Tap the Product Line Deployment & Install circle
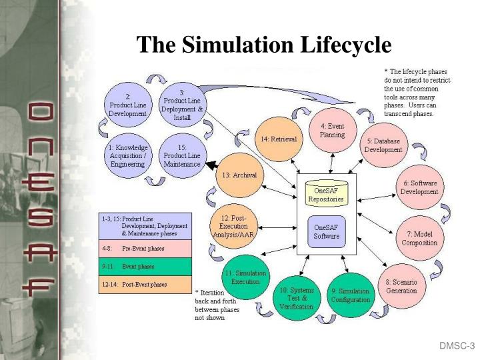tap(183, 105)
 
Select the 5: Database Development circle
tap(383, 145)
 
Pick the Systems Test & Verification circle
tap(297, 298)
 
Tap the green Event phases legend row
tap(145, 266)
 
